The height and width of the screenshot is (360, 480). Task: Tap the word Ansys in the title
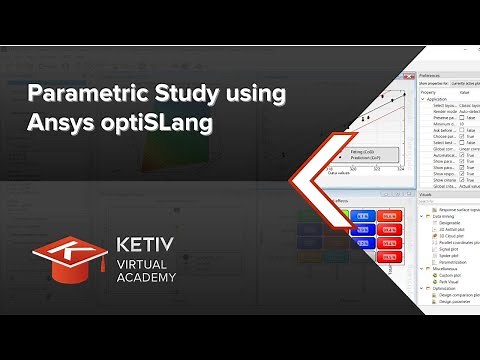tap(60, 127)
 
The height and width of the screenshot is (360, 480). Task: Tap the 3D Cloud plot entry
tap(453, 235)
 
